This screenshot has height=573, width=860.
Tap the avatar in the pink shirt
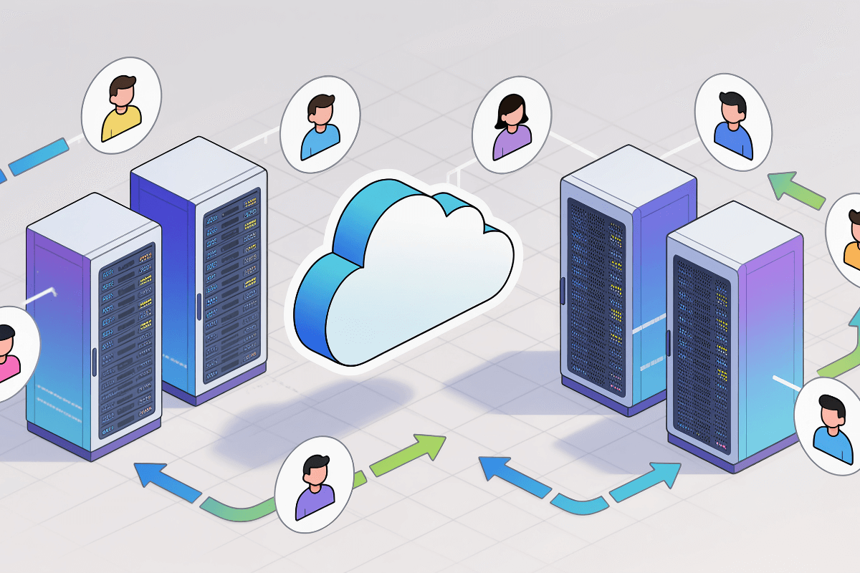pos(9,352)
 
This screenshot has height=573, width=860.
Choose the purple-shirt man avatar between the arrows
pos(315,481)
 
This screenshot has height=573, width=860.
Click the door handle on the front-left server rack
pos(95,362)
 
